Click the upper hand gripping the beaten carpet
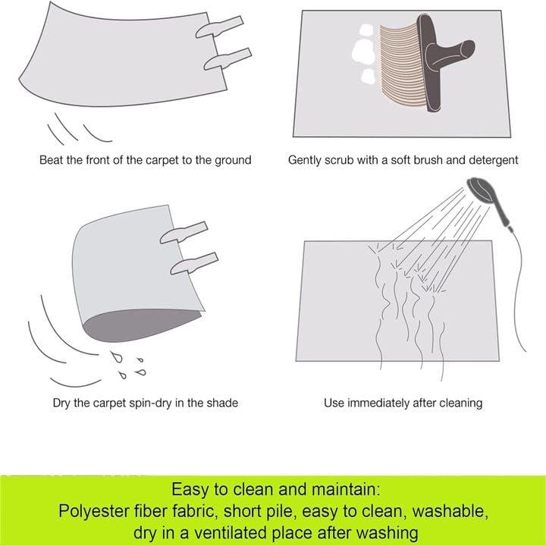[x=219, y=27]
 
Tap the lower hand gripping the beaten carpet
[x=227, y=59]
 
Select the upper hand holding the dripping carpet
[x=184, y=232]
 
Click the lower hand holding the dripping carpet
[x=194, y=263]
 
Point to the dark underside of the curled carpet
[x=141, y=325]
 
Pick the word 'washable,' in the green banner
[x=450, y=511]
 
